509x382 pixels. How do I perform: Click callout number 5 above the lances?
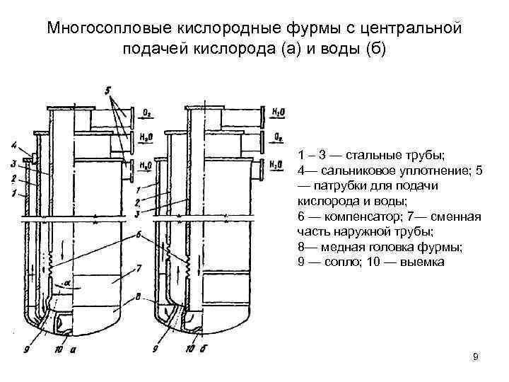tap(107, 91)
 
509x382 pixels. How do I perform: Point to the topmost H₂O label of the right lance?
tap(278, 112)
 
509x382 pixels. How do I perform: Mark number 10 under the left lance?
tap(58, 348)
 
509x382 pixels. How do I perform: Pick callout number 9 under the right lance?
tap(155, 348)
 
